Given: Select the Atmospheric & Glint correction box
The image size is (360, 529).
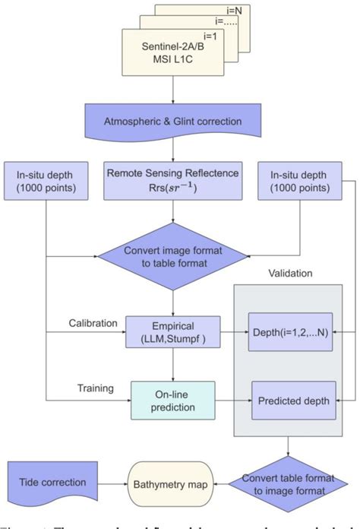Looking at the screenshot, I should (x=176, y=121).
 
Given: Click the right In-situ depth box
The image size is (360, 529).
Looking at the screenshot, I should (x=300, y=184).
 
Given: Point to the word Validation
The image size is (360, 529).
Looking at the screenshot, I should (x=291, y=272).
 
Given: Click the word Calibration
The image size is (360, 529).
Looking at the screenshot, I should (x=93, y=323).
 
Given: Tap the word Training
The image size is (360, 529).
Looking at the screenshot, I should (x=95, y=388).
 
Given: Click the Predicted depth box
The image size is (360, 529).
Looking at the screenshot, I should (x=294, y=400).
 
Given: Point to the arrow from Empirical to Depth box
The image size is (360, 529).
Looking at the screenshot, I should (x=233, y=333).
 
